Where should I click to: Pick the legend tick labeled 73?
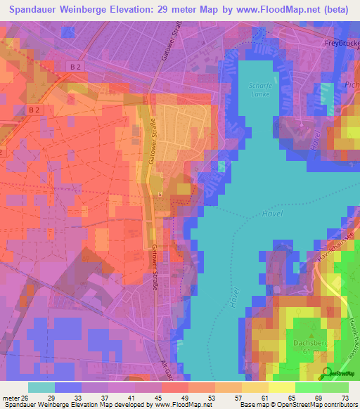click(345, 397)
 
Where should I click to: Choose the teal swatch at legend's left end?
click(41, 387)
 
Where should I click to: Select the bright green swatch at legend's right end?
click(335, 387)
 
